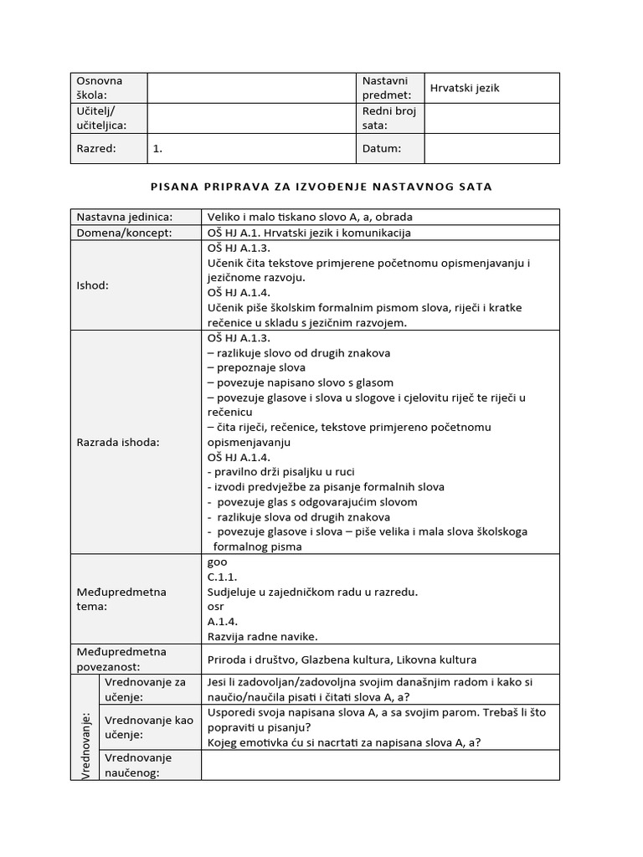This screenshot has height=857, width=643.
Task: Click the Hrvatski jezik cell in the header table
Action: tap(465, 88)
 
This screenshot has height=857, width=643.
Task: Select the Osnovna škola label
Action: tap(100, 88)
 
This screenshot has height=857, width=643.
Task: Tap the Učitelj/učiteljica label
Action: tap(101, 118)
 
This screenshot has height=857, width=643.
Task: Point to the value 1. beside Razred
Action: tap(158, 148)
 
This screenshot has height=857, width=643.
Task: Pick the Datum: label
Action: tap(382, 148)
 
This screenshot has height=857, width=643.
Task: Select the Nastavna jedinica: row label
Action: tap(124, 217)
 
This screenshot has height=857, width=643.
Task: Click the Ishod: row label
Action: tap(93, 285)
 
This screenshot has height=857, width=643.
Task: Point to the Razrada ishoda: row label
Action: tap(118, 442)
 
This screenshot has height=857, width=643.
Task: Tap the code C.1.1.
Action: tap(222, 577)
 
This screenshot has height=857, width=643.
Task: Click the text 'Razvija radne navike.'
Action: tap(262, 636)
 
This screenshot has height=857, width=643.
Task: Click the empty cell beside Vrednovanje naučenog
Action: tap(380, 765)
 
